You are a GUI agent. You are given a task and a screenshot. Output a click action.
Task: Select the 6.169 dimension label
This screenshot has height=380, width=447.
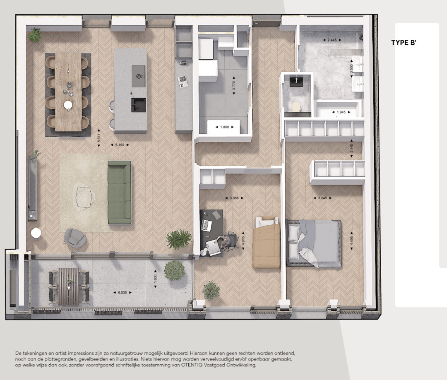point(120,144)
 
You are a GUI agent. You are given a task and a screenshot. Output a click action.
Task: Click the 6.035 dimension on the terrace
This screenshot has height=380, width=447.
point(122,292)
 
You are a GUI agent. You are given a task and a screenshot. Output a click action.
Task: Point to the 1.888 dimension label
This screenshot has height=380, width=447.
point(224,127)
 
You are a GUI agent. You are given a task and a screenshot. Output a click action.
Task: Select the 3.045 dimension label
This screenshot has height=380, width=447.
point(322,198)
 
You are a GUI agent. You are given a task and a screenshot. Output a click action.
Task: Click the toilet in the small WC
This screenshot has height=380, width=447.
point(296,106)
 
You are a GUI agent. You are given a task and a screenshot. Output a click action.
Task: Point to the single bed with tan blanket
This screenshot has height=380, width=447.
point(267,243)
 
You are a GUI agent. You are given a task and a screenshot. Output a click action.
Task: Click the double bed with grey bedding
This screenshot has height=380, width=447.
point(314,243)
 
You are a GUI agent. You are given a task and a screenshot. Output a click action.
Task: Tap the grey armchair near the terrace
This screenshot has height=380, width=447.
point(75,238)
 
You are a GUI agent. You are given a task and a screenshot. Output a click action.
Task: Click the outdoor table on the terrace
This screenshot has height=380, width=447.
point(69,286)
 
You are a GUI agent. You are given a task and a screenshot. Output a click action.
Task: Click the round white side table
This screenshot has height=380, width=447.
point(36,233)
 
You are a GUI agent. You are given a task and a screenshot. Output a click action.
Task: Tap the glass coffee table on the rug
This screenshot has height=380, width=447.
point(84,197)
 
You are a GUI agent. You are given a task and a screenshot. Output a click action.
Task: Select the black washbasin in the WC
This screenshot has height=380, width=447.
point(296,81)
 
